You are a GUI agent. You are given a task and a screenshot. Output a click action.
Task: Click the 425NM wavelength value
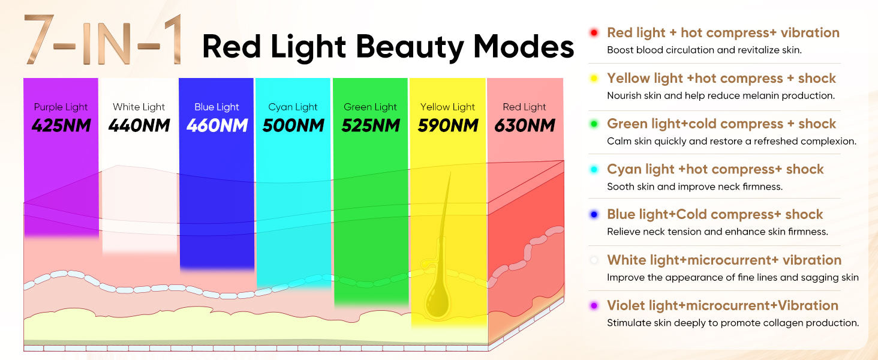(x=61, y=126)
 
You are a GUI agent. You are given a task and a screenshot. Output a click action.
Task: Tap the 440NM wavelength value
(x=139, y=126)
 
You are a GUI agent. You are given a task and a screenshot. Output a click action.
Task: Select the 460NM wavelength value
(x=217, y=126)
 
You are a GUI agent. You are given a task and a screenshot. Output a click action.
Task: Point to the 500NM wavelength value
(x=293, y=126)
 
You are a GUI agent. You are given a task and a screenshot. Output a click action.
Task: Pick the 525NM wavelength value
(x=370, y=126)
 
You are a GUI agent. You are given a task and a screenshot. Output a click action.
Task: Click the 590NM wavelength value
(x=447, y=126)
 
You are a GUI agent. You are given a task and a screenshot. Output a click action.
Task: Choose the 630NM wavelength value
(x=525, y=126)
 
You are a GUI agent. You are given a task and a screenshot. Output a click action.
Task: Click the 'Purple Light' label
(x=61, y=107)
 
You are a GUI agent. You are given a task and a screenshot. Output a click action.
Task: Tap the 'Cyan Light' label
(x=293, y=107)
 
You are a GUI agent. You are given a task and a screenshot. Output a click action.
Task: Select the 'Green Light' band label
(x=370, y=107)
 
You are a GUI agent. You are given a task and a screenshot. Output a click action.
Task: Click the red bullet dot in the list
(x=594, y=33)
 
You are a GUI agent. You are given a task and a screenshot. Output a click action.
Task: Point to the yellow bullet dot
(x=594, y=79)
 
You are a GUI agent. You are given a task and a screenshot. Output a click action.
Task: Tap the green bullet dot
(x=594, y=124)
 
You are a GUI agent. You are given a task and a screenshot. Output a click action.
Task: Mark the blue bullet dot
(x=594, y=215)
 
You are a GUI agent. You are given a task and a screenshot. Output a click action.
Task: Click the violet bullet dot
(x=594, y=306)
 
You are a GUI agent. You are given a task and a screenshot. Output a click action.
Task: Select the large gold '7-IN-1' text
(x=103, y=41)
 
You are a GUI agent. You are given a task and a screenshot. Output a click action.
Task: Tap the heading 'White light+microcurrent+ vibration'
(x=724, y=260)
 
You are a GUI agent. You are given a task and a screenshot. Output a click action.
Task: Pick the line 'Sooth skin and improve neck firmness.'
(x=694, y=187)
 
